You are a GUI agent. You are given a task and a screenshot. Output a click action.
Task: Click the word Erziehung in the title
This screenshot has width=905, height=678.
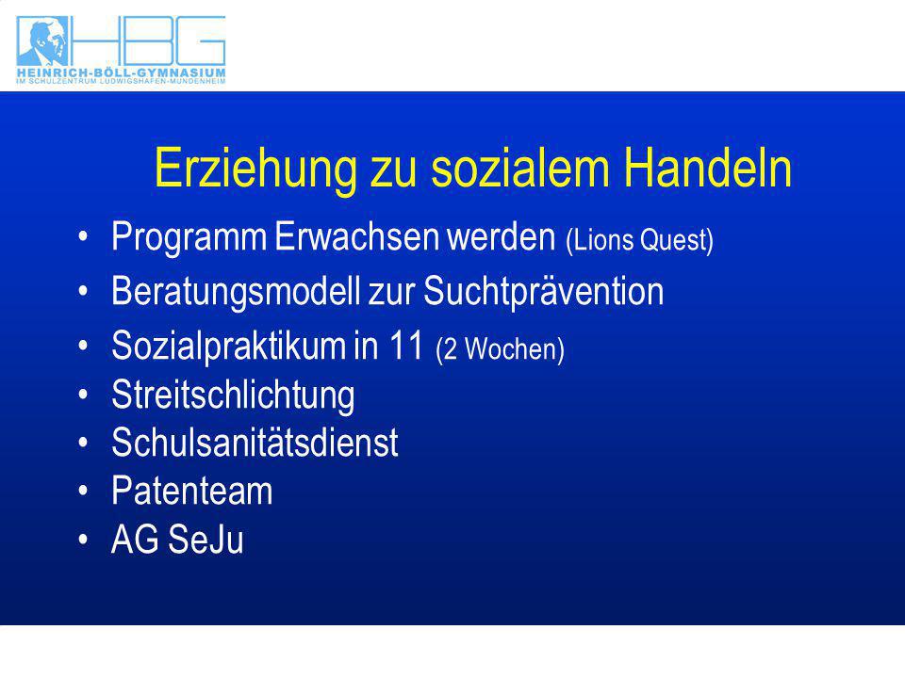[x=255, y=169]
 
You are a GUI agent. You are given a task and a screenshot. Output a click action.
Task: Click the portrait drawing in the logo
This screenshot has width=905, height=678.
[x=42, y=40]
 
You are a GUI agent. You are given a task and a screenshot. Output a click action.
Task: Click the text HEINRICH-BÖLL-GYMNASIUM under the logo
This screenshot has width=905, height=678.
[x=122, y=73]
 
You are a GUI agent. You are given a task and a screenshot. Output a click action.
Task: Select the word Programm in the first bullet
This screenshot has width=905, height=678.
[x=189, y=237]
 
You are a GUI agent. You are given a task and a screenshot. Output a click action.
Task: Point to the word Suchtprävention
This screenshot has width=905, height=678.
[x=544, y=291]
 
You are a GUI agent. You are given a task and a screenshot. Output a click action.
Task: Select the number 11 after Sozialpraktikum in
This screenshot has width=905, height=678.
[x=405, y=346]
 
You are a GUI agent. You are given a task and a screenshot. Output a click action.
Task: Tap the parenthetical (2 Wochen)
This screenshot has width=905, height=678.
[x=500, y=348]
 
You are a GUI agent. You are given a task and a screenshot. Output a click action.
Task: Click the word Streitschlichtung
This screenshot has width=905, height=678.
[x=233, y=395]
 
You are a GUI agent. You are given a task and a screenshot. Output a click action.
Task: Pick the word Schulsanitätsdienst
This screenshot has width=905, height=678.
[x=255, y=443]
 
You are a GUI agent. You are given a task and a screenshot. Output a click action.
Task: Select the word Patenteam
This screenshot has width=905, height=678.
[x=191, y=491]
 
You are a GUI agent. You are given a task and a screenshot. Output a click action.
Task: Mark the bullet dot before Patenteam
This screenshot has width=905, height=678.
[x=84, y=491]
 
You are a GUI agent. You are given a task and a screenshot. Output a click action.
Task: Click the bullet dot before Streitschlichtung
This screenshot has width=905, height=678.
[x=84, y=395]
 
